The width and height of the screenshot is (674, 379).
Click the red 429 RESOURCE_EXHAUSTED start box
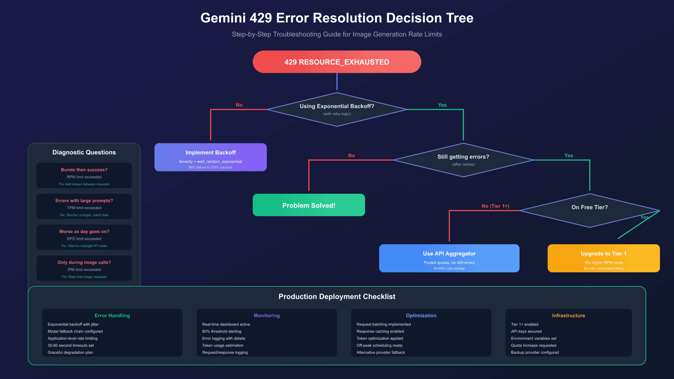[x=337, y=62]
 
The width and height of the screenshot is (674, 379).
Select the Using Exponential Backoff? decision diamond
[x=337, y=109]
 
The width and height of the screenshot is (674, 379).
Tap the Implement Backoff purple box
[x=210, y=157]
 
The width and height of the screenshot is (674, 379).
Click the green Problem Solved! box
[x=309, y=205]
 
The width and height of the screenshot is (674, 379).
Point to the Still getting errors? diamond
[x=463, y=160]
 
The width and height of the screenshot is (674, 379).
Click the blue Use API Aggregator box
[x=449, y=258]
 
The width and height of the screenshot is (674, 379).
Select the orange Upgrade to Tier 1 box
[x=604, y=258]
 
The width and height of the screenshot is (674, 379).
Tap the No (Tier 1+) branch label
[x=495, y=206]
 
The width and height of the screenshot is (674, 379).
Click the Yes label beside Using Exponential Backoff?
[x=442, y=105]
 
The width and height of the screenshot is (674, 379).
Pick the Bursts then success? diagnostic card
[x=84, y=175]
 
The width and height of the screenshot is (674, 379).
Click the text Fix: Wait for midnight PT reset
[x=84, y=246]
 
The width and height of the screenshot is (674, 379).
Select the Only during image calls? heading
[x=84, y=262]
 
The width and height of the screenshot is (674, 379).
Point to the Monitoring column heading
[x=267, y=316]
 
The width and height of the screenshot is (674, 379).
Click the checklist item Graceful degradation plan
[x=70, y=352]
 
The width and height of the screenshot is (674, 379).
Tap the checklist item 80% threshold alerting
[x=222, y=331]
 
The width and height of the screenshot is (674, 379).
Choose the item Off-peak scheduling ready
[x=379, y=345]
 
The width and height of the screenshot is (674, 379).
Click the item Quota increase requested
[x=534, y=345]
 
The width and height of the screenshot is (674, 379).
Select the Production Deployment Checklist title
[x=337, y=296]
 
